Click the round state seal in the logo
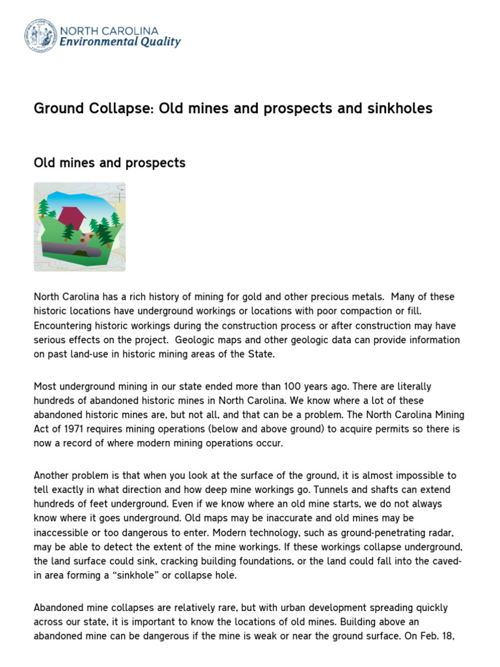[40, 36]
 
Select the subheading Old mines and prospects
[109, 163]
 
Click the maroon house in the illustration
[72, 216]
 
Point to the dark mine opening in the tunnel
[82, 252]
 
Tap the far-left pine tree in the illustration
[44, 208]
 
